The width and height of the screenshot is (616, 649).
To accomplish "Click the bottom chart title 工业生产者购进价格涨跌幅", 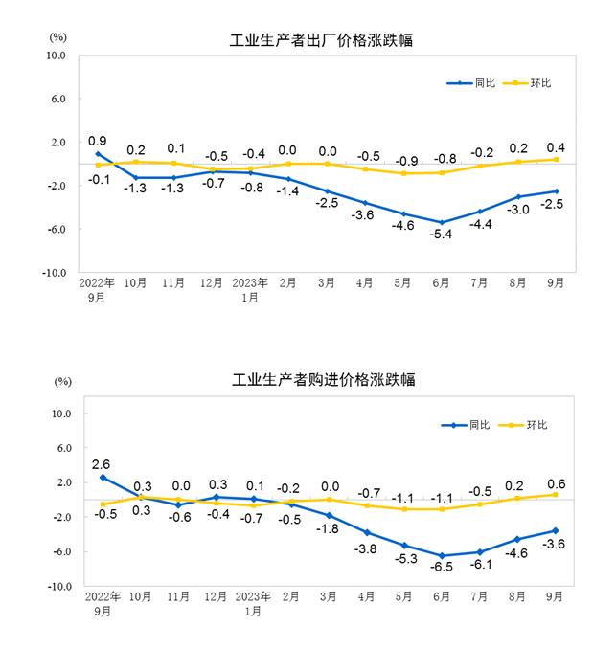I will pyautogui.click(x=324, y=380).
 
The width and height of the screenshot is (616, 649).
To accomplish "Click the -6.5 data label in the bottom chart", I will pyautogui.click(x=442, y=569).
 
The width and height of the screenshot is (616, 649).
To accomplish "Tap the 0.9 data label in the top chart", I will pyautogui.click(x=97, y=141).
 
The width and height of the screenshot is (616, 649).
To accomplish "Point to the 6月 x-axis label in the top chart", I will pyautogui.click(x=442, y=283).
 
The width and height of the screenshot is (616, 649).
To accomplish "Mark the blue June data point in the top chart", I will pyautogui.click(x=442, y=222).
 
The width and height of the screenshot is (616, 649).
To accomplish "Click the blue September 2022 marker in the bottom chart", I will pyautogui.click(x=102, y=477).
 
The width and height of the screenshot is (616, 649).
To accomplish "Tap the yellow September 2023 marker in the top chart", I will pyautogui.click(x=556, y=159).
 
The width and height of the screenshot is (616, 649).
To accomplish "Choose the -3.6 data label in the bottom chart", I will pyautogui.click(x=555, y=545).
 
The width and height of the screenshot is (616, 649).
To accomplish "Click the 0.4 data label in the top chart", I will pyautogui.click(x=555, y=147).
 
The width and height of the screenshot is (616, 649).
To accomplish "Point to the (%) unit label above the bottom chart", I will pyautogui.click(x=63, y=382).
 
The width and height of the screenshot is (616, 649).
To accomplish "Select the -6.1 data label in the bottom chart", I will pyautogui.click(x=479, y=566).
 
